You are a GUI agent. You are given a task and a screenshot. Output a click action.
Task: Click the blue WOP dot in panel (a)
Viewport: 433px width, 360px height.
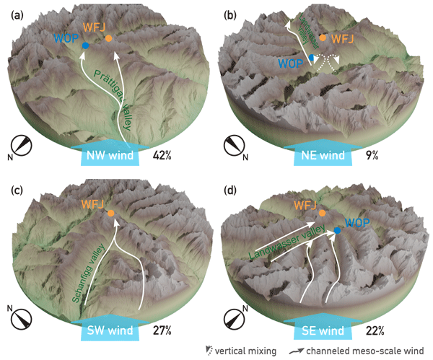point(86,45)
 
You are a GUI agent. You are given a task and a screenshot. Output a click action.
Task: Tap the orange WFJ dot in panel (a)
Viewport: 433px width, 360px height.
point(108,38)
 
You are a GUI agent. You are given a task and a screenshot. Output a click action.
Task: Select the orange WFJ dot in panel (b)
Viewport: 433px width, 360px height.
point(323,38)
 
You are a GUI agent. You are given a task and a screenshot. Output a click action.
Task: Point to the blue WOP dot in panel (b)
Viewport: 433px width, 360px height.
point(311,57)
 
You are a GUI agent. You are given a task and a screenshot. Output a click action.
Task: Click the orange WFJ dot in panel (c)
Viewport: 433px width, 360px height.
point(110,213)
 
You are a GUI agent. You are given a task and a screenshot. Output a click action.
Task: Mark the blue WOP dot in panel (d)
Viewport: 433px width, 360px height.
point(337,231)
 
